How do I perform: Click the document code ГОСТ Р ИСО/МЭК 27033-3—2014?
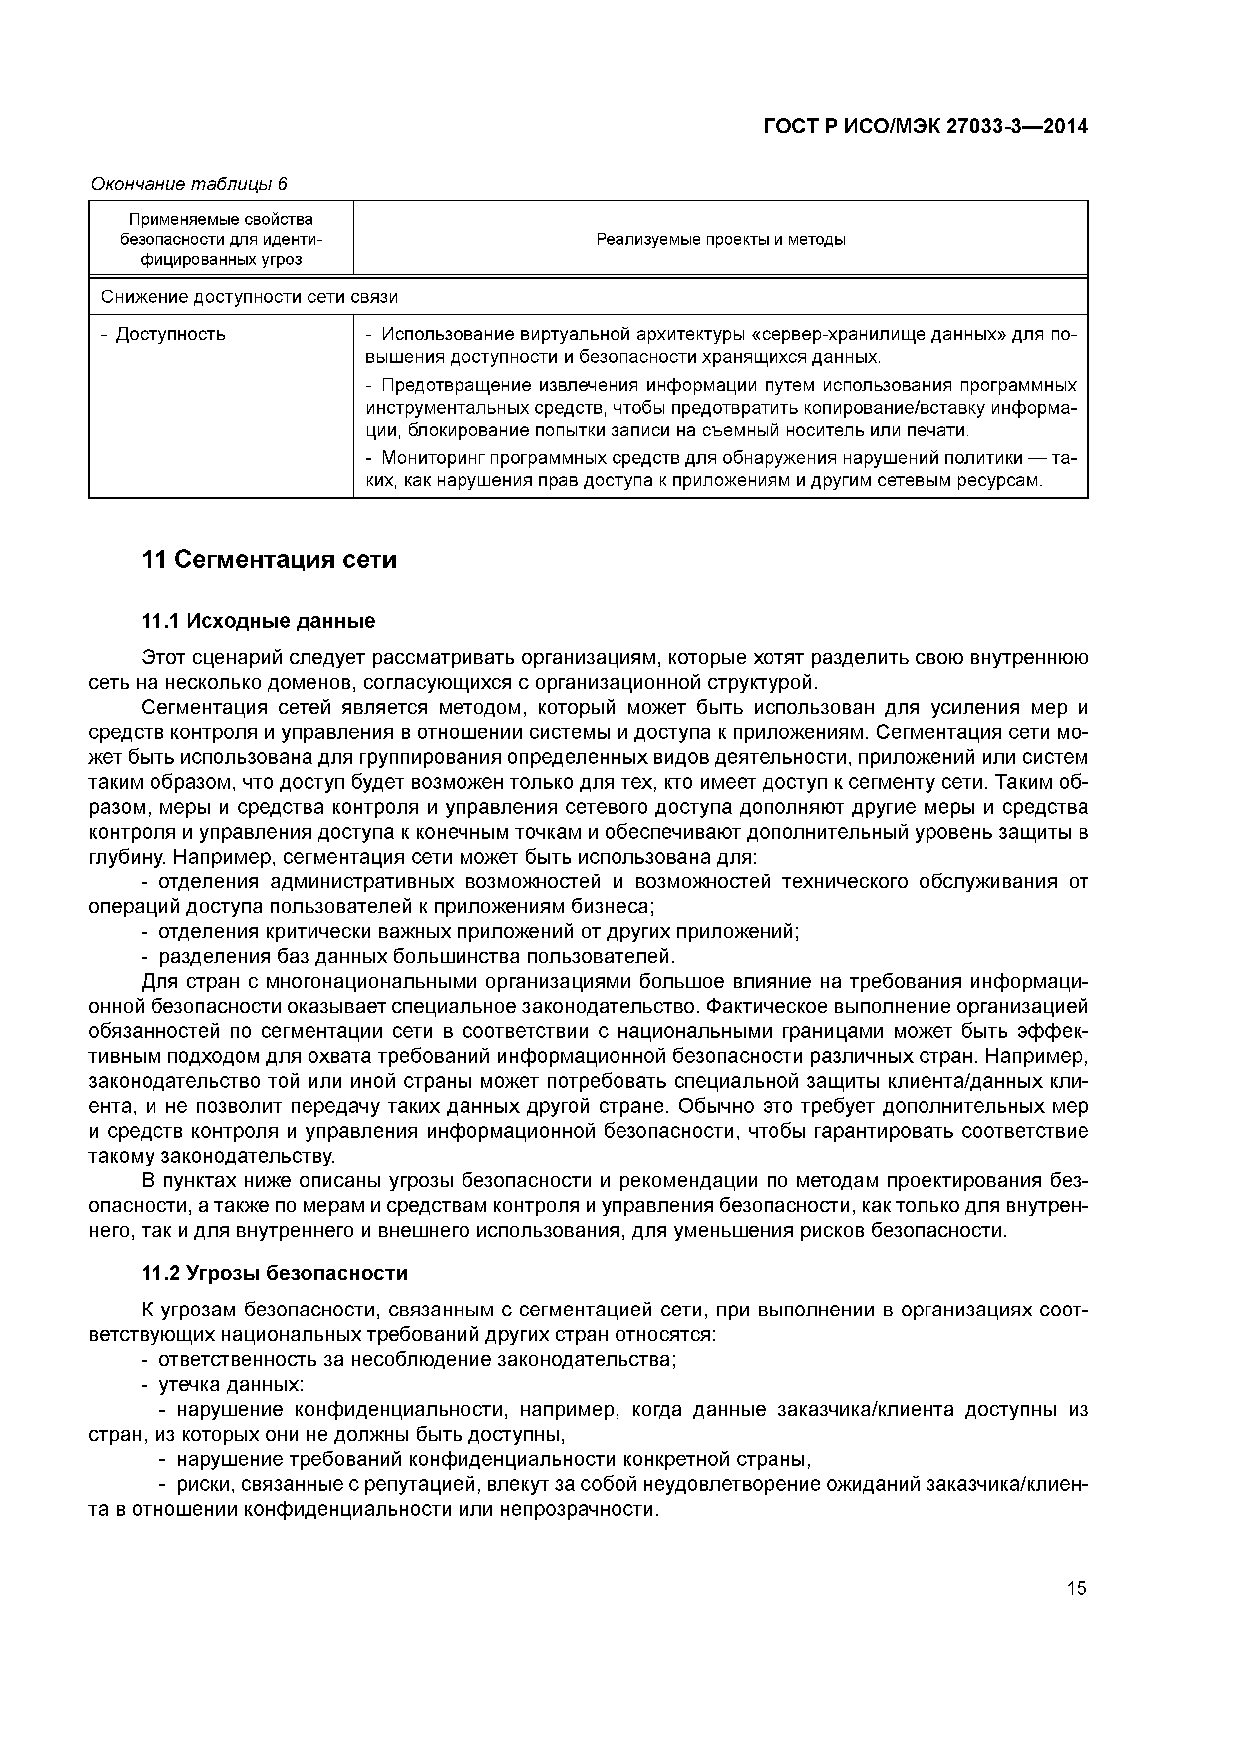click(x=926, y=127)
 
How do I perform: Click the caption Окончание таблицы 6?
click(x=189, y=184)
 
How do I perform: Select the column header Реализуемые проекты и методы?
click(x=721, y=239)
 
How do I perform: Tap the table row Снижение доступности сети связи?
click(x=249, y=297)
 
